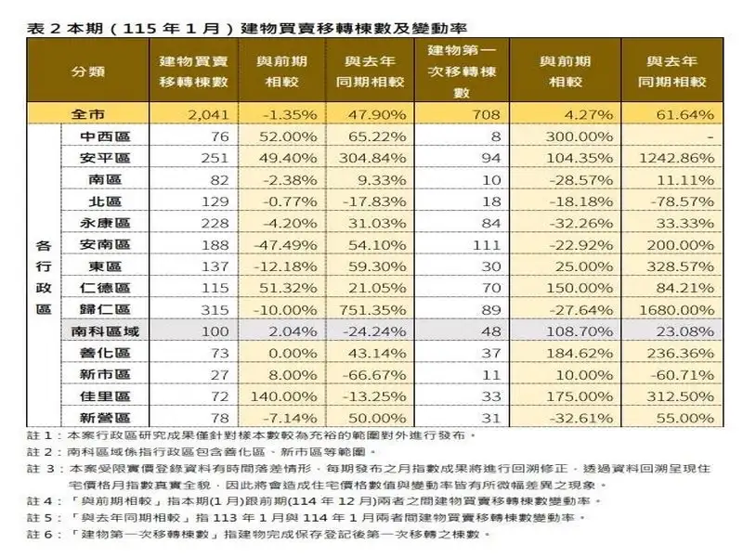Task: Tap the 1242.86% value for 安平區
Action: [682, 158]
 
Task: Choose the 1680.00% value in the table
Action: [682, 308]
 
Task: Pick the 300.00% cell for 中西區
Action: [580, 136]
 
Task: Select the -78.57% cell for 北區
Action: [682, 201]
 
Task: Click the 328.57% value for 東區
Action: [682, 266]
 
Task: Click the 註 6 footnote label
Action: [38, 534]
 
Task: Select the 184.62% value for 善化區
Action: [580, 353]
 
